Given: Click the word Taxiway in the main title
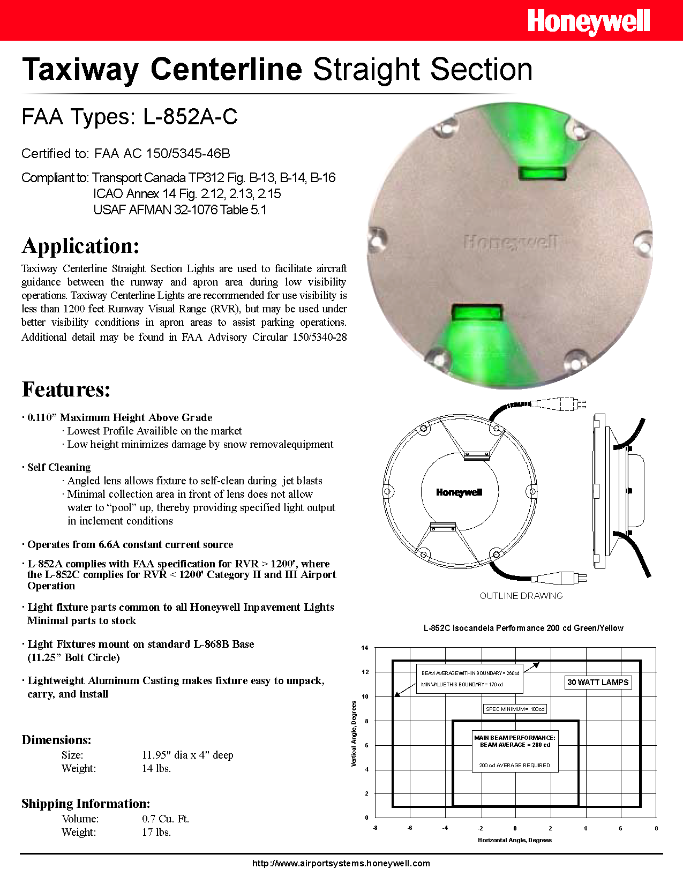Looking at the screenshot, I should pos(80,70).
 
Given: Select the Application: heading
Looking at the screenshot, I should pos(81,246).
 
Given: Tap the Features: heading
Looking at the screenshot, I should pos(66,389).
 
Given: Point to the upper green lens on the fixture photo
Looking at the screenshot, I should pos(543,173).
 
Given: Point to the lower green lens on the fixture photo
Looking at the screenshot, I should pos(477,312).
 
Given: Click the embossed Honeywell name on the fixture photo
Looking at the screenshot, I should pos(511,243).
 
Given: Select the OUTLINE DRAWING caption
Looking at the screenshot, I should pos(521,596).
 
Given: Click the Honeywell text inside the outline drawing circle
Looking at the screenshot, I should pos(459,492).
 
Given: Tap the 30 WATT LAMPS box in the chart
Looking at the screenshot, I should pos(598,682).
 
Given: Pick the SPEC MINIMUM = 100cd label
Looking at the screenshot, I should pos(515,709).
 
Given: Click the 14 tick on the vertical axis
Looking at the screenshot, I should pos(365,648).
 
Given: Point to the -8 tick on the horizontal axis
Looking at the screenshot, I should pos(374,828).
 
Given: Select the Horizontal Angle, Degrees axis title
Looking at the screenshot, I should pos(514,840).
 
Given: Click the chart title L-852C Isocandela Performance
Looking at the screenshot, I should pos(523,628).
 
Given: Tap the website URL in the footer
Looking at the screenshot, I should pos(341,863).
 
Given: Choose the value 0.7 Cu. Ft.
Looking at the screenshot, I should pos(166,819).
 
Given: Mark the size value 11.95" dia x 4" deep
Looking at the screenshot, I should pos(187,755).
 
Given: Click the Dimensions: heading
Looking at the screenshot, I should pos(56,740).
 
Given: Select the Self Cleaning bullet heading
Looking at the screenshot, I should pos(59,467).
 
